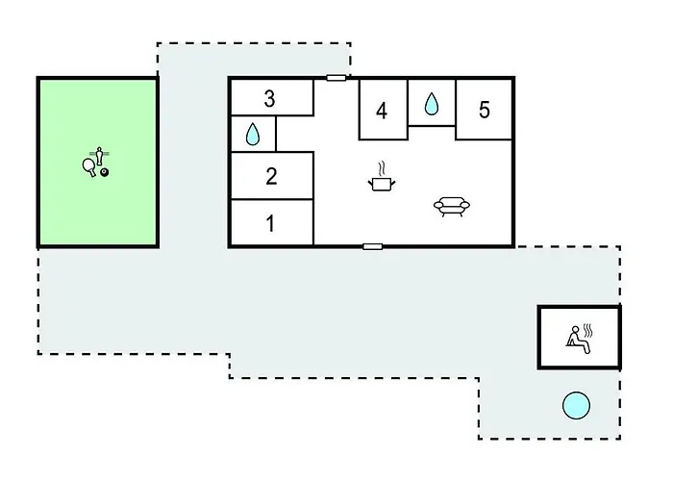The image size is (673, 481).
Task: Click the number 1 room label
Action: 270,223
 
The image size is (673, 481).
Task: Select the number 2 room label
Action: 271,176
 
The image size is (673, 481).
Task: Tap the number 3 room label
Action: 269,98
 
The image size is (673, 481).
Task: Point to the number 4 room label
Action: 382,111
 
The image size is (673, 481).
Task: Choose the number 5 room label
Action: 485,110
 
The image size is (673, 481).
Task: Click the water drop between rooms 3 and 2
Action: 253,134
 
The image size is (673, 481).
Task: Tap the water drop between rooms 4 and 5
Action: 432,104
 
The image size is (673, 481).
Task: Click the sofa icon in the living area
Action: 452,207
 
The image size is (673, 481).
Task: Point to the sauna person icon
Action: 578,340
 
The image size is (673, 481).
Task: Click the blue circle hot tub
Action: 577,405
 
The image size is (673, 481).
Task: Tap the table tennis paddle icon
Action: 89,167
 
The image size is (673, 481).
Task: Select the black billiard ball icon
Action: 104,172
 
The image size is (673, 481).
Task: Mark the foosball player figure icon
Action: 100,156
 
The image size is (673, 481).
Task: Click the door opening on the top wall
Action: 336,78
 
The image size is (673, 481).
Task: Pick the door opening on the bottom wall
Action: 373,246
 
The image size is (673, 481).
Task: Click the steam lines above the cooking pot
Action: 381,168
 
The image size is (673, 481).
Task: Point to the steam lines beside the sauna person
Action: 588,331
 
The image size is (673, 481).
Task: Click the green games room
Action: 98,163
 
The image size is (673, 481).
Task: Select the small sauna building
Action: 579,337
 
